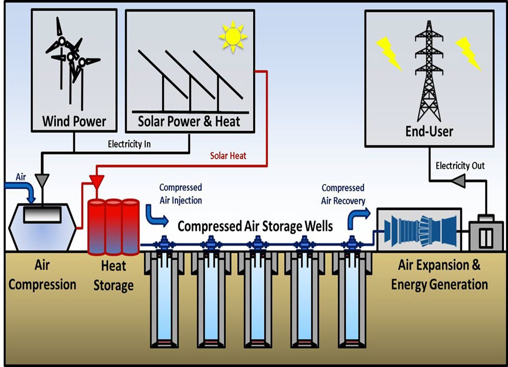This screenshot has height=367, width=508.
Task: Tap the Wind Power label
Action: (74, 121)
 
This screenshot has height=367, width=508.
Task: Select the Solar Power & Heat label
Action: (189, 121)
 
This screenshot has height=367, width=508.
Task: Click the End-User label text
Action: (429, 131)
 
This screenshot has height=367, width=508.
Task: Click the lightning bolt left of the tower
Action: (389, 53)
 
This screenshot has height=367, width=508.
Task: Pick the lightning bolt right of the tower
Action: (468, 53)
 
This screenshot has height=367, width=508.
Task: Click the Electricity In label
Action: (129, 144)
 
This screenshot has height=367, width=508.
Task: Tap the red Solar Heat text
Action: (228, 156)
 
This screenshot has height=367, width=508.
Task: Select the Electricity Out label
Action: (460, 166)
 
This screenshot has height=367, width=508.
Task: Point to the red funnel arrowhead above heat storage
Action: (97, 181)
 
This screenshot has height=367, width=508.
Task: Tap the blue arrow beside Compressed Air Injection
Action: (155, 216)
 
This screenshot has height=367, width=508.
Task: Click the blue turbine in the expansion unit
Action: (420, 230)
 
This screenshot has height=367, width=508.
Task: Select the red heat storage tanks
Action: (113, 227)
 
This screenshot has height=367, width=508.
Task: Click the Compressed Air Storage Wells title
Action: (255, 226)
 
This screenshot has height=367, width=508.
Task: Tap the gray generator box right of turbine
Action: (485, 235)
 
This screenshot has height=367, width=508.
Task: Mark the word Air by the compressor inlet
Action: (21, 177)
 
